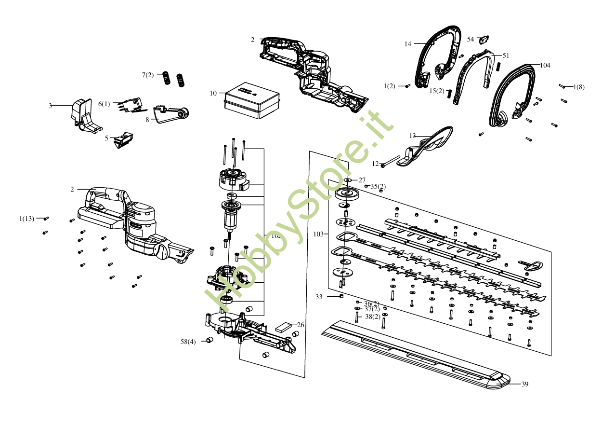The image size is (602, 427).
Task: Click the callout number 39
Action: pos(525,384)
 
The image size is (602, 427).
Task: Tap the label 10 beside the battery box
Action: pos(213,93)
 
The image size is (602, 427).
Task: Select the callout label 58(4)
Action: pos(188,342)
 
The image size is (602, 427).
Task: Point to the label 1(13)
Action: pos(27,219)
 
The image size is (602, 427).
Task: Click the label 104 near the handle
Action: pos(545,65)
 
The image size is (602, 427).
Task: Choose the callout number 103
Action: pos(318,234)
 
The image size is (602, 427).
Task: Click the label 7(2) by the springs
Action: pos(148,75)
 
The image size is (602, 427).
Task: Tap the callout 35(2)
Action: pos(378,186)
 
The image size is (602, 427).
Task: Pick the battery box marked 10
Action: pos(251,100)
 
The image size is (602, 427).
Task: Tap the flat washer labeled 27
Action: pos(347,180)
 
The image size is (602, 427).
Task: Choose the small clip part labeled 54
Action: pos(484,38)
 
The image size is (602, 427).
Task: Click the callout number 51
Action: pos(506,55)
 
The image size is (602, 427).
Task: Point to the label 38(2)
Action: pos(372,317)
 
